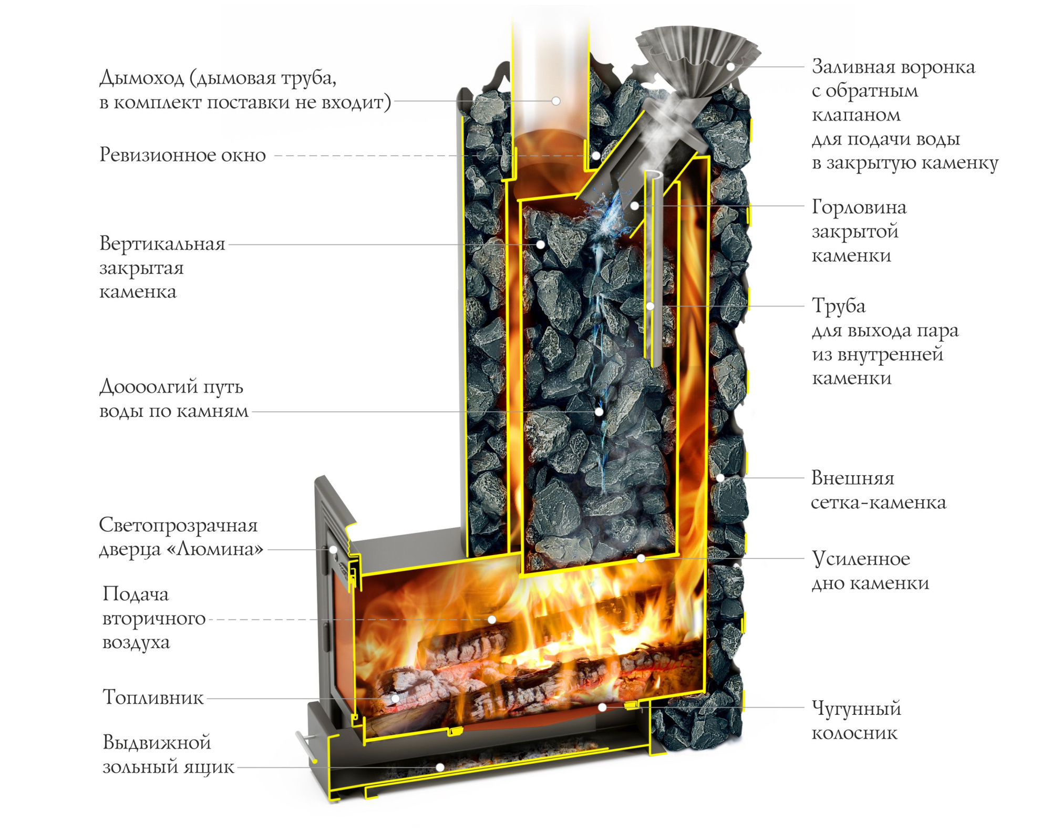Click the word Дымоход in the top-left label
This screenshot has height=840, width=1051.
pyautogui.click(x=142, y=78)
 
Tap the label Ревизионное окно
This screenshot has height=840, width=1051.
pyautogui.click(x=182, y=155)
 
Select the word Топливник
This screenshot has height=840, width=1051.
pyautogui.click(x=153, y=698)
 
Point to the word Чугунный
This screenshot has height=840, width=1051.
pyautogui.click(x=856, y=709)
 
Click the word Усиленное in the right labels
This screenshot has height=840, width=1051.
pyautogui.click(x=861, y=559)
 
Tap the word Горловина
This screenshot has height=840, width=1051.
pyautogui.click(x=859, y=207)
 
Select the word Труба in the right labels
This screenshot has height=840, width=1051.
pyautogui.click(x=839, y=306)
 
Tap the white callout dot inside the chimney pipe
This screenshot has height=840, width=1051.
pyautogui.click(x=556, y=101)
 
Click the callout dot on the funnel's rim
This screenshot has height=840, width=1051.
pyautogui.click(x=730, y=67)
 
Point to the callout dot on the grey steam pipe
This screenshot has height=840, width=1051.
pyautogui.click(x=650, y=306)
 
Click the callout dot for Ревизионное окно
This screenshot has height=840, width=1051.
pyautogui.click(x=596, y=156)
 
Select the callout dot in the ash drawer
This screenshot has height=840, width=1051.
pyautogui.click(x=440, y=767)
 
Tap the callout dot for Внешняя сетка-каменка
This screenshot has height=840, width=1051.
pyautogui.click(x=720, y=478)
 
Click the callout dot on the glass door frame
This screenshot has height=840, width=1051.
pyautogui.click(x=333, y=550)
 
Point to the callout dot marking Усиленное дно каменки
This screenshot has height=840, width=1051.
pyautogui.click(x=641, y=558)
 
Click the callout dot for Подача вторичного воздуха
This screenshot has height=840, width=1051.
pyautogui.click(x=492, y=620)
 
